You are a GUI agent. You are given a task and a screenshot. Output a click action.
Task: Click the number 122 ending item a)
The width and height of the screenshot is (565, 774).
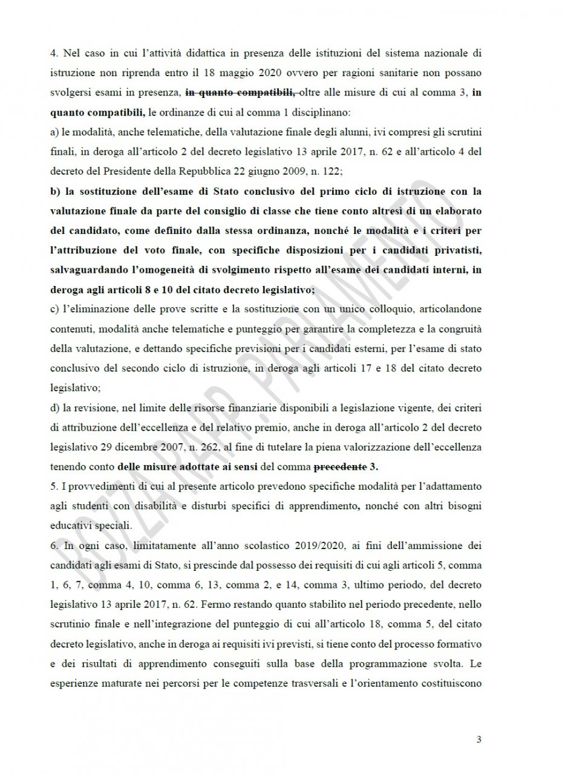click(x=331, y=172)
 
